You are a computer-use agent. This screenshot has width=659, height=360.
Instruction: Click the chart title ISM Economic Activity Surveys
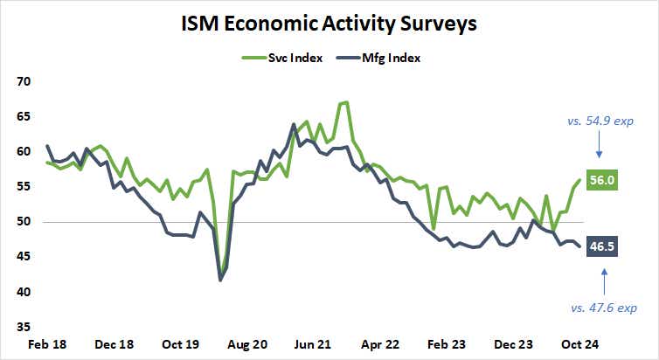(x=329, y=24)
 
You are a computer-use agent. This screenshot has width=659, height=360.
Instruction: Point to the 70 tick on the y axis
(x=22, y=81)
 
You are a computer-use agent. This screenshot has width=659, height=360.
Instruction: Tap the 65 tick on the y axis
(x=22, y=116)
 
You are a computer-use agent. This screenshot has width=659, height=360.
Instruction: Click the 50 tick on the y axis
(x=22, y=222)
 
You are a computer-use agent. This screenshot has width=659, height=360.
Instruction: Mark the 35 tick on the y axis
(x=22, y=327)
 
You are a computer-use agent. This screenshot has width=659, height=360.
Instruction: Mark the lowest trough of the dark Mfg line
(x=220, y=280)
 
